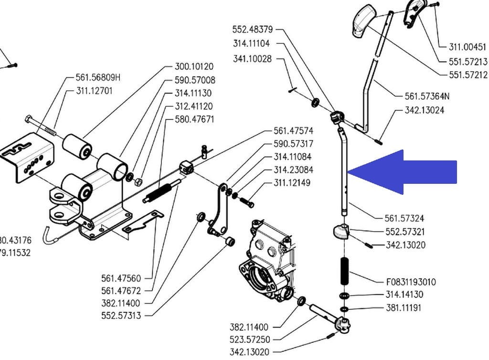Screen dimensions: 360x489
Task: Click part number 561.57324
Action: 404,218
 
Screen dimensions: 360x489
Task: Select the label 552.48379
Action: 253,30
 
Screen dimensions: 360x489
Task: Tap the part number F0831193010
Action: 410,282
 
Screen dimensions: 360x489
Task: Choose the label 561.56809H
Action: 98,77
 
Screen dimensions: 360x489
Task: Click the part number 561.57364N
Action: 427,96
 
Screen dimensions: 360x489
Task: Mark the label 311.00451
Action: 468,47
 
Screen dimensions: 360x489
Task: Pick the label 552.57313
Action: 121,316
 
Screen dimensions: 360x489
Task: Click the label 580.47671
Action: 194,119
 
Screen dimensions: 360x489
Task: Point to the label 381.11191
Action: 404,308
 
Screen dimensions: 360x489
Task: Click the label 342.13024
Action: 424,110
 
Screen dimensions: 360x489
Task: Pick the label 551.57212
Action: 468,74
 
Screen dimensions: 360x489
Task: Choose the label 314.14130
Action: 404,295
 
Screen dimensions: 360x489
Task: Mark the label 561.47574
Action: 293,130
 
